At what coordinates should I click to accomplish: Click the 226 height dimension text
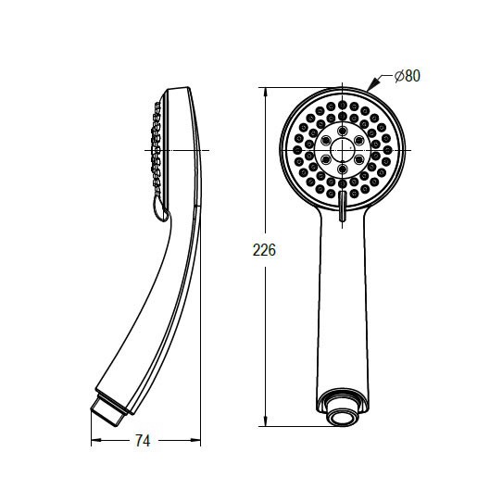coord(264,250)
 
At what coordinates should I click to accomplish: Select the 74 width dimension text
coord(143,441)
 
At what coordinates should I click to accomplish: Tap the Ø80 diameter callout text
coord(408,76)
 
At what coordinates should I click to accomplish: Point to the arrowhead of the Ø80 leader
coord(372,84)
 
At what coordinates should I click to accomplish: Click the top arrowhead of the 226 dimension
coord(266,92)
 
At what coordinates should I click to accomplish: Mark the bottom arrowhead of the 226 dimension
coord(266,421)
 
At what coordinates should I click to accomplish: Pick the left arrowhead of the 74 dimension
coord(96,440)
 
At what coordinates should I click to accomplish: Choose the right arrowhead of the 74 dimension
coord(195,440)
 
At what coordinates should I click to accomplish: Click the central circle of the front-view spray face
coord(342,150)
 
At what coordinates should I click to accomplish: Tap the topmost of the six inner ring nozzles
coord(342,131)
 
